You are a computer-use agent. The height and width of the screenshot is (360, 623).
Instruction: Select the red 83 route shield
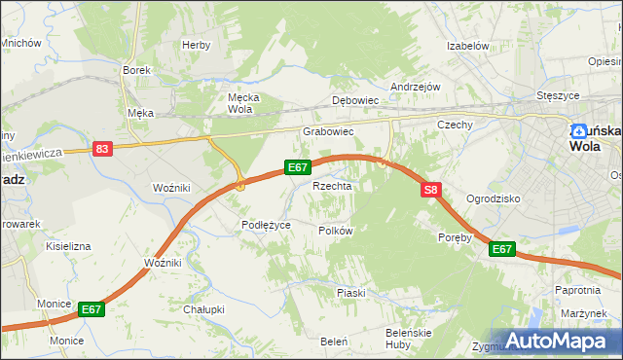click(104, 149)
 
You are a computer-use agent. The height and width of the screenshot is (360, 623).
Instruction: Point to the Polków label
click(335, 231)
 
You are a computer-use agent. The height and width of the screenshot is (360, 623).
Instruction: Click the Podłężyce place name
click(267, 225)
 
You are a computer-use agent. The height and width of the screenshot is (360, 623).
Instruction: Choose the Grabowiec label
click(327, 130)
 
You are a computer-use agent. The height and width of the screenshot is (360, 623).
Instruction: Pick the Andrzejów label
click(416, 87)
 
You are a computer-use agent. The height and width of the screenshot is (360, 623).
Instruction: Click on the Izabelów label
click(466, 46)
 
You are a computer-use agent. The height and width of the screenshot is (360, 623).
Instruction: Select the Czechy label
click(455, 125)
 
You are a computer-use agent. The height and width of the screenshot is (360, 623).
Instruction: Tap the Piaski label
click(350, 292)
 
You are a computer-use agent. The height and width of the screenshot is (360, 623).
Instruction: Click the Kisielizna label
click(68, 247)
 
